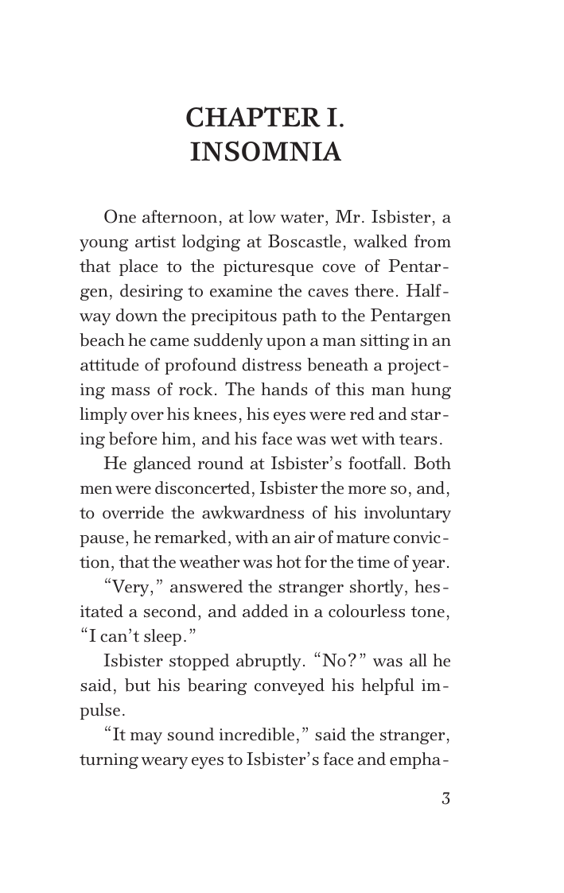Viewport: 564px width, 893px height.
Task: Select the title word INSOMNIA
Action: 266,152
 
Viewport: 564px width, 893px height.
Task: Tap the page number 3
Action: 445,798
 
